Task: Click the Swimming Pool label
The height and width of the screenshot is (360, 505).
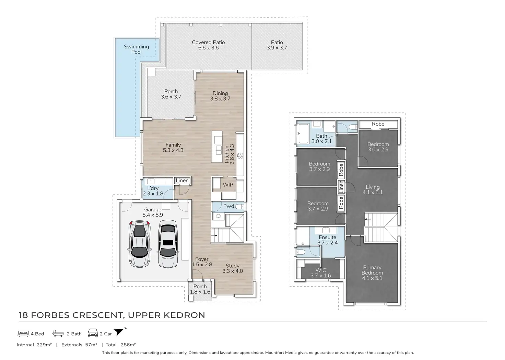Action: (137, 49)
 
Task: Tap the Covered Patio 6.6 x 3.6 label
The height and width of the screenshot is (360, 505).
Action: (208, 45)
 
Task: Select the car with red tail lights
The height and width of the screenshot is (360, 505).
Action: (139, 244)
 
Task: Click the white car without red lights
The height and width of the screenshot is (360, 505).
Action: (168, 244)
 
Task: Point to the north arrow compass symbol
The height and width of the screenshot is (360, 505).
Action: (120, 331)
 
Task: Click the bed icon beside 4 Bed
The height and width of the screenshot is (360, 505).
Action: (23, 334)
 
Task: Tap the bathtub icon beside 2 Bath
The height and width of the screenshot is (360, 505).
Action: (58, 333)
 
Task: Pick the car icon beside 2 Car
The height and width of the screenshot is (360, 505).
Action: (93, 333)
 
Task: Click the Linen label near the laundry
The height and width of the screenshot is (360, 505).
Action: (182, 181)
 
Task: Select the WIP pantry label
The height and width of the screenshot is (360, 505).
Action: (228, 185)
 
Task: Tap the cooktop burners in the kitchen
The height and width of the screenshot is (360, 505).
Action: (240, 156)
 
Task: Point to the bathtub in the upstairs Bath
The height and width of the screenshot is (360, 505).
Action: (303, 133)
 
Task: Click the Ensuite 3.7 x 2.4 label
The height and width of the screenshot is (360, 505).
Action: (327, 240)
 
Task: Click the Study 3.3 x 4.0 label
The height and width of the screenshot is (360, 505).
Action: (233, 268)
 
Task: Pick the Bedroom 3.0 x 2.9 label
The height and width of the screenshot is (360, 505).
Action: (378, 147)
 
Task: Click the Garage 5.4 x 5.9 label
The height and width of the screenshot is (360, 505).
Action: (153, 212)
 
